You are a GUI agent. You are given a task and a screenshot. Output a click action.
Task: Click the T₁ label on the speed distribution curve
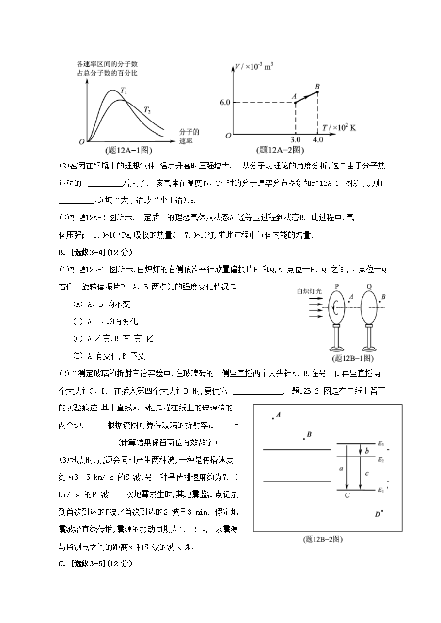(125, 91)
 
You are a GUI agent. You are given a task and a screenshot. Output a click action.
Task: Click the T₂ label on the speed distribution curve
(147, 110)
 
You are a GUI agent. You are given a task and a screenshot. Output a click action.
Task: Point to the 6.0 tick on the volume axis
(224, 103)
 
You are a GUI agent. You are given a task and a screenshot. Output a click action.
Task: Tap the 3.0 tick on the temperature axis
(296, 140)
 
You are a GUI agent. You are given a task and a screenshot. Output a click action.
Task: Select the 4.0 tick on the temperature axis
(317, 140)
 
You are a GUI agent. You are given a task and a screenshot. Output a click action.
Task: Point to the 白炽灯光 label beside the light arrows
(310, 291)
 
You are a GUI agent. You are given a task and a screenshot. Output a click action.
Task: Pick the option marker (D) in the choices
(78, 356)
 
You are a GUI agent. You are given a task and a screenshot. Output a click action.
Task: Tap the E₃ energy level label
(381, 443)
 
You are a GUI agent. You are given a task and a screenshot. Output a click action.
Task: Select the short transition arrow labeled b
(360, 450)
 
